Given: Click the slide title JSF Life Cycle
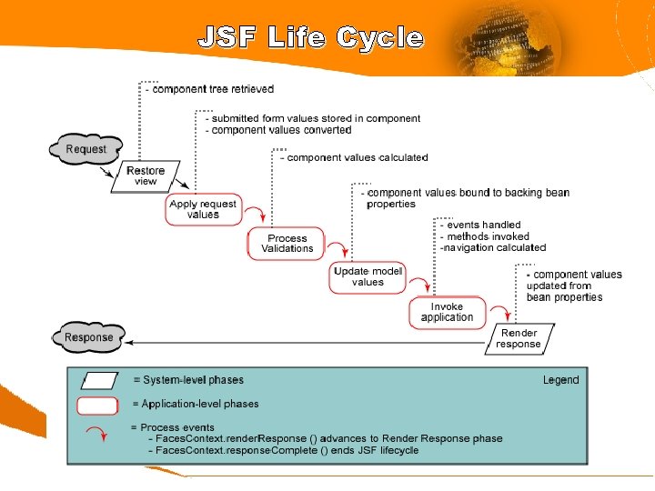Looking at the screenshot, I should tap(311, 37).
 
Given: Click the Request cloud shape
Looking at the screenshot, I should tap(86, 149).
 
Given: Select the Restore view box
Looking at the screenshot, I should tap(146, 175).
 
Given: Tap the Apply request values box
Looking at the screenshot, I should tap(203, 209).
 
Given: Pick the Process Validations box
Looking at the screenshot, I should tap(287, 244).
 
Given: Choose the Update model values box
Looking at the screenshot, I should tap(368, 276).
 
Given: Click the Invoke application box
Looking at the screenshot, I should tap(448, 312).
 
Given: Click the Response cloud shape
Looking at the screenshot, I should tap(89, 337).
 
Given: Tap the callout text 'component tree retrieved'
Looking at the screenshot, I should tap(212, 89).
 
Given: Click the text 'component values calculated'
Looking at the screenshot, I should tap(356, 157).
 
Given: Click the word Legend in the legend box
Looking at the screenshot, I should tap(560, 380).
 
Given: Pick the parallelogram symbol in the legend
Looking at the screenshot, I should tap(100, 381).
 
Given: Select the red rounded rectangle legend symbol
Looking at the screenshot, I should tap(98, 406).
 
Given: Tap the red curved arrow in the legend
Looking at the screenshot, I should tap(96, 432).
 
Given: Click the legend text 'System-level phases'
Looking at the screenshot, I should tap(188, 380).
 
